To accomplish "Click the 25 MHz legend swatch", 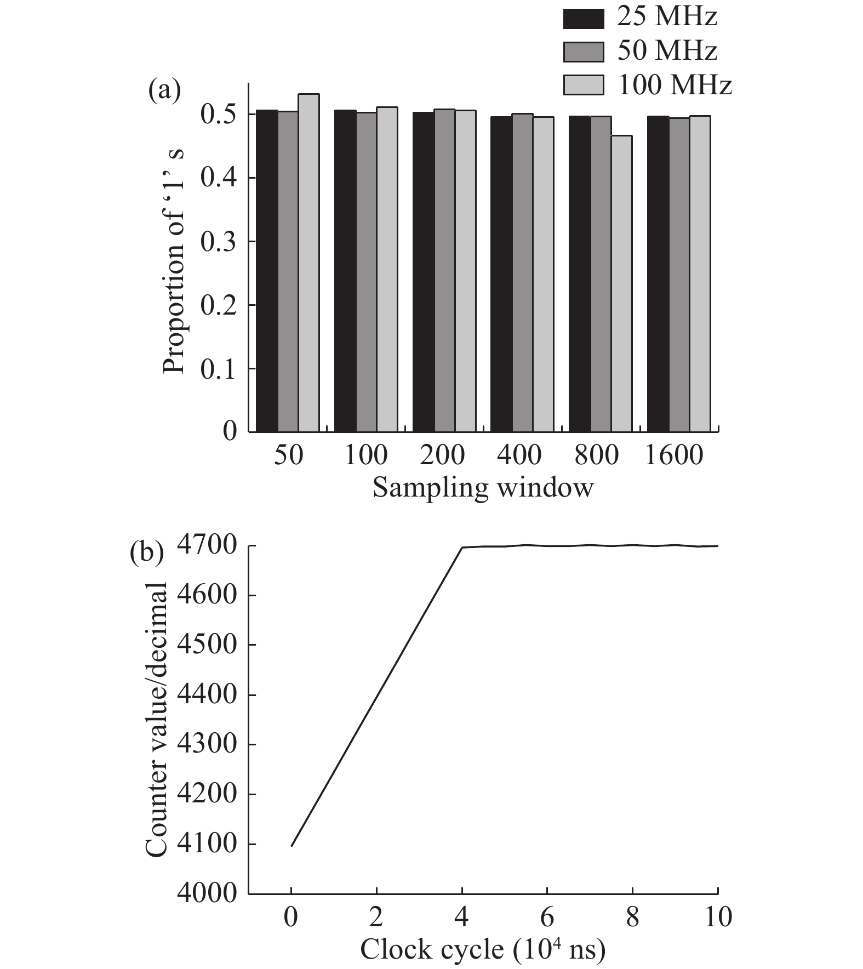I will [x=583, y=19].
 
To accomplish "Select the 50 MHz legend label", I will [x=667, y=51].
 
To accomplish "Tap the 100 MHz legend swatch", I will [x=583, y=85].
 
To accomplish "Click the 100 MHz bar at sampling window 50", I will [x=308, y=263].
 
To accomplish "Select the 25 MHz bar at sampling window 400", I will [x=501, y=274].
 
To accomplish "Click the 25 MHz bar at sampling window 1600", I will [x=658, y=274].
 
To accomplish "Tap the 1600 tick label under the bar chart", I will [x=673, y=455].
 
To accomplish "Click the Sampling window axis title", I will [x=483, y=487].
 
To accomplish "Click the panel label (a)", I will [x=164, y=91].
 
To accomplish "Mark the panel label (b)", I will [x=146, y=554].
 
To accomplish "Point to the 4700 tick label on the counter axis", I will [x=207, y=546].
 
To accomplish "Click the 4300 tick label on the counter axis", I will [x=207, y=744].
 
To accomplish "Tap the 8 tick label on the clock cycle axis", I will [x=632, y=917].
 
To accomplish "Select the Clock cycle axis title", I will [x=483, y=949].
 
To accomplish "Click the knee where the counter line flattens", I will [x=462, y=547].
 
